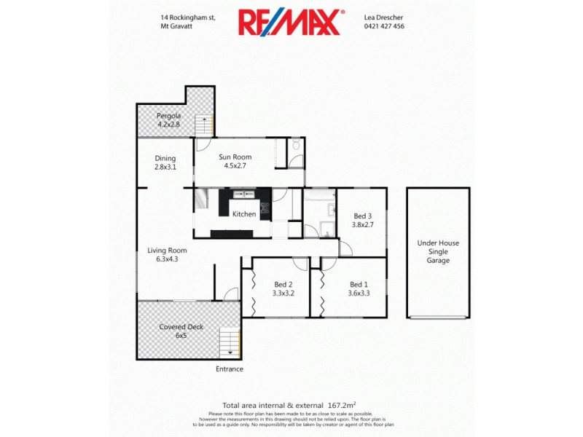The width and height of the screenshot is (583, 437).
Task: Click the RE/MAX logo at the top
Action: [290, 22]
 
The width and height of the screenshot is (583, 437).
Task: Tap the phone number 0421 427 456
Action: [384, 26]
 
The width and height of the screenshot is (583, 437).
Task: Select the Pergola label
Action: [168, 116]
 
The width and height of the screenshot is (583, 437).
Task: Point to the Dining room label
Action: [165, 158]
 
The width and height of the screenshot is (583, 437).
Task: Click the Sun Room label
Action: [235, 157]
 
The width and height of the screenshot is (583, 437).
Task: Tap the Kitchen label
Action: [244, 214]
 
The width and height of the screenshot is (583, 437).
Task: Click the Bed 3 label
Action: [363, 216]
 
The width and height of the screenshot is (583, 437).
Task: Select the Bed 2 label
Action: [283, 284]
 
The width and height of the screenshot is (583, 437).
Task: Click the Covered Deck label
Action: [181, 327]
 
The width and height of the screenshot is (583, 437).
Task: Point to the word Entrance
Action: [230, 369]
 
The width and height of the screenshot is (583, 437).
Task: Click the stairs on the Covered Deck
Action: [230, 342]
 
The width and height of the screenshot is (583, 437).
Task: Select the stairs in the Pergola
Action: [205, 125]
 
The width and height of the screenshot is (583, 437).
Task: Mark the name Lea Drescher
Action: [383, 17]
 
